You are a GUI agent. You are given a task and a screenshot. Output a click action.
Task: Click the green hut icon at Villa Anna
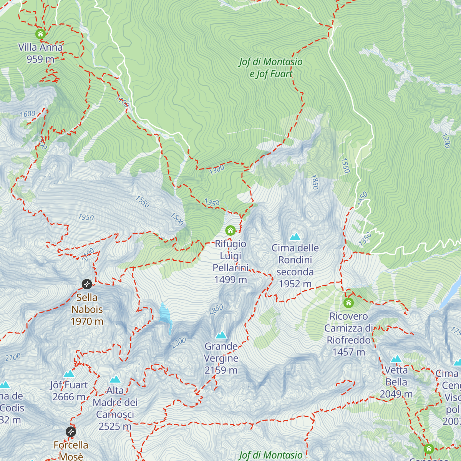pyautogui.click(x=40, y=34)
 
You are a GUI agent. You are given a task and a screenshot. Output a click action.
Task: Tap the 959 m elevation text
pyautogui.click(x=40, y=59)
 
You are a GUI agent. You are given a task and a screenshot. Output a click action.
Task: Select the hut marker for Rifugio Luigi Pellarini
pyautogui.click(x=230, y=230)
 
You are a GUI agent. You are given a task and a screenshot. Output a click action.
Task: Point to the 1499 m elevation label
pyautogui.click(x=230, y=280)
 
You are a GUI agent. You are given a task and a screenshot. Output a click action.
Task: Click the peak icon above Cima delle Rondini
pyautogui.click(x=295, y=237)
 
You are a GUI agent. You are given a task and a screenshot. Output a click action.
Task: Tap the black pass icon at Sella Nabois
pyautogui.click(x=87, y=284)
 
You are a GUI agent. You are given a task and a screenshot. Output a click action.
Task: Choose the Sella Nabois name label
pyautogui.click(x=87, y=303)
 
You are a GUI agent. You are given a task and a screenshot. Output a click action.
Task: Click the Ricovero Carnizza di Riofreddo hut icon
pyautogui.click(x=348, y=303)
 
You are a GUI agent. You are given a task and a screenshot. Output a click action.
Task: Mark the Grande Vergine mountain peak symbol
pyautogui.click(x=221, y=335)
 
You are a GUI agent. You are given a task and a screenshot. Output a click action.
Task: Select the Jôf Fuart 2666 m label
pyautogui.click(x=69, y=391)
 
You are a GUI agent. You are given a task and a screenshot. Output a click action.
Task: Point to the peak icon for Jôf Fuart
pyautogui.click(x=69, y=374)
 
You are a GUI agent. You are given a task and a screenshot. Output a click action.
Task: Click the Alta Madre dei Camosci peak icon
pyautogui.click(x=115, y=380)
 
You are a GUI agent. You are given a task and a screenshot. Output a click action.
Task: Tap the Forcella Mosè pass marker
pyautogui.click(x=71, y=432)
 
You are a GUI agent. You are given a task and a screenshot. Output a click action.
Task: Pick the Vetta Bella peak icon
pyautogui.click(x=396, y=360)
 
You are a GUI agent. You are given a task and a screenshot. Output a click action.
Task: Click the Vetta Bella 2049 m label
pyautogui.click(x=396, y=382)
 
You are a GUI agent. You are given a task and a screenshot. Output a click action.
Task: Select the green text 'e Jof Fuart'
pyautogui.click(x=271, y=74)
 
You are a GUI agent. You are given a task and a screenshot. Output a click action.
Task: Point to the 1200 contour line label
pyautogui.click(x=446, y=141)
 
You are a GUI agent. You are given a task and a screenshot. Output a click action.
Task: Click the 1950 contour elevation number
pyautogui.click(x=86, y=217)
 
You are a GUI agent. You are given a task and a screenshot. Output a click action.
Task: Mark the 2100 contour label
pyautogui.click(x=13, y=357)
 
